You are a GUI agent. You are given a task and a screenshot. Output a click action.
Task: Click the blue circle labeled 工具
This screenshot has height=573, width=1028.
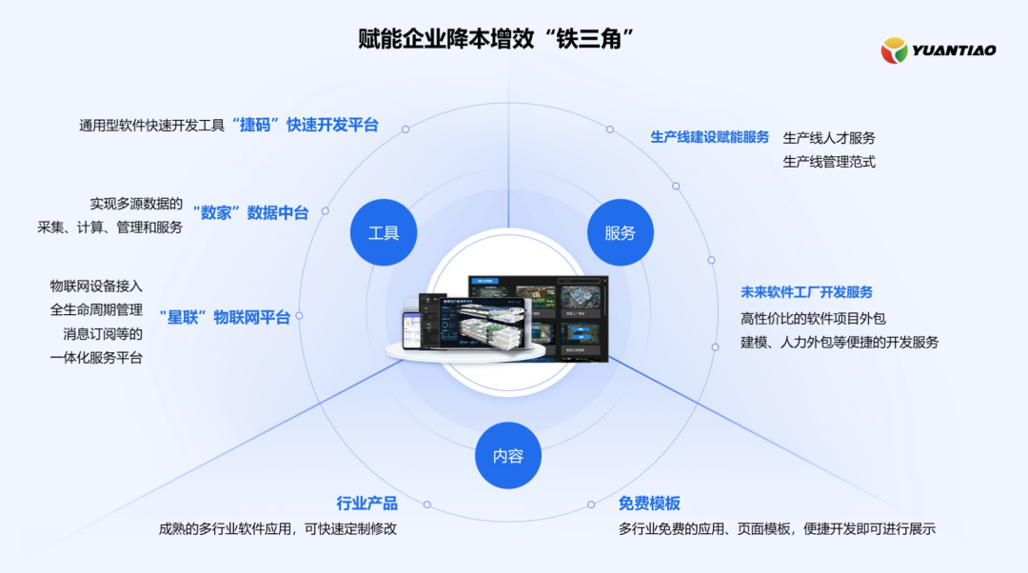384,232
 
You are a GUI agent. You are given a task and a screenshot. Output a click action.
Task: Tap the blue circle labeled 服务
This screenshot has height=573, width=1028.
620,232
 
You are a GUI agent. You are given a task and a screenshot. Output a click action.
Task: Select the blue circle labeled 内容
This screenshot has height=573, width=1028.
507,456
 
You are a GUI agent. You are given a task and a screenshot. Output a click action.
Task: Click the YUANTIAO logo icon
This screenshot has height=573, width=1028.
894,50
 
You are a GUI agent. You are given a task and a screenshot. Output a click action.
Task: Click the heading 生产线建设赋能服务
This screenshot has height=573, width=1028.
709,137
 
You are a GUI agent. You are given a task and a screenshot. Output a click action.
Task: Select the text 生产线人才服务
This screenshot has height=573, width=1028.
828,138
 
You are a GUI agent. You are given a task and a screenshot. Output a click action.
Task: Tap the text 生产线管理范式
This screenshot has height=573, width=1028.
828,162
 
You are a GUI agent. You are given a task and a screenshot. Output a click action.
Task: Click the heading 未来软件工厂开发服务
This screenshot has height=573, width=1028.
806,292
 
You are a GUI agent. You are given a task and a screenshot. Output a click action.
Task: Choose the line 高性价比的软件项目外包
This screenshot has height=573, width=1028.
813,318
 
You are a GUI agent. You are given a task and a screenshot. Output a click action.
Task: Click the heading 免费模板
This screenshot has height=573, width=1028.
649,504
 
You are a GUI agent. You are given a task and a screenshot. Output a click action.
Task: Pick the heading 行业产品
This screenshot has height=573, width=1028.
366,504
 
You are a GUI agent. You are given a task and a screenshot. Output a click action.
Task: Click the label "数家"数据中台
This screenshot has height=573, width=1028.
250,212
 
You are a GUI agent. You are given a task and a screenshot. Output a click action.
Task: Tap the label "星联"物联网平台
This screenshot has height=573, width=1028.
225,317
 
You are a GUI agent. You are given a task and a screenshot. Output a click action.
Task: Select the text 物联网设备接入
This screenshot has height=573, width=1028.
96,286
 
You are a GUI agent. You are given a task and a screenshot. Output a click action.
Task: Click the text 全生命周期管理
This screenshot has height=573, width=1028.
96,309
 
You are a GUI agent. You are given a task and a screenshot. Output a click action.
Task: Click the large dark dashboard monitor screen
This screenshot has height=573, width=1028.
537,319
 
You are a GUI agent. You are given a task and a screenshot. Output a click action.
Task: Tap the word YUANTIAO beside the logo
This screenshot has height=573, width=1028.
954,50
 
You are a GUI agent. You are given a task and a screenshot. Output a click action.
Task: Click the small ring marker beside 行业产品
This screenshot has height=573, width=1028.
426,504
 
